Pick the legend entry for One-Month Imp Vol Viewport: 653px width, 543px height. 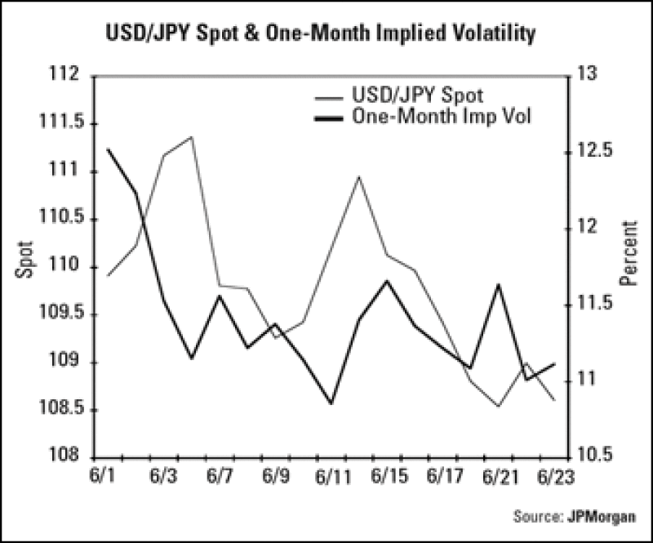[x=441, y=115]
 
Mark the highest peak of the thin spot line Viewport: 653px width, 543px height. [x=191, y=136]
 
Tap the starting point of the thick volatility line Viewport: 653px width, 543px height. [x=108, y=149]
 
